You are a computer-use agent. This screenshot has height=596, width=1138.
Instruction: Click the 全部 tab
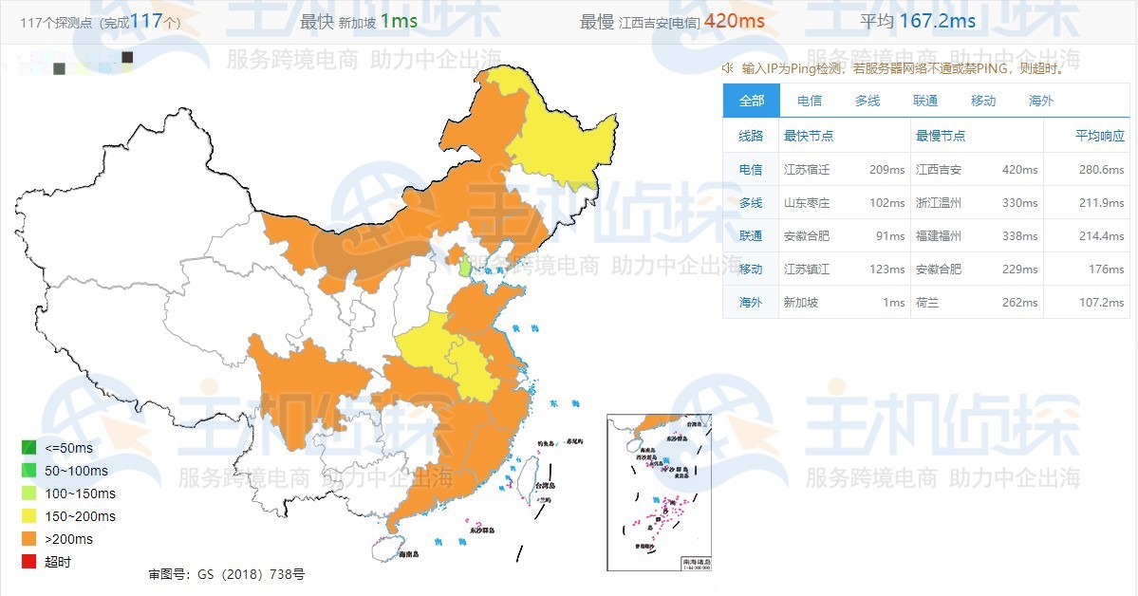pyautogui.click(x=751, y=101)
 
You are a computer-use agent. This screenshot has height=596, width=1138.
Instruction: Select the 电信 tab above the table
pyautogui.click(x=810, y=101)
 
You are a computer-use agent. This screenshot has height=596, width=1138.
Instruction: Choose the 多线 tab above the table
pyautogui.click(x=867, y=101)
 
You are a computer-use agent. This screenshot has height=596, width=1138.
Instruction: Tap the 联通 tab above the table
pyautogui.click(x=925, y=101)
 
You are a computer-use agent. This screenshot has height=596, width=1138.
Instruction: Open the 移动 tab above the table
pyautogui.click(x=983, y=101)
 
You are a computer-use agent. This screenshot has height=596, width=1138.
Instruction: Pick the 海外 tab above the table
pyautogui.click(x=1041, y=101)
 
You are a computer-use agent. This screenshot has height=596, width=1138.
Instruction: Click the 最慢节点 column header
pyautogui.click(x=941, y=136)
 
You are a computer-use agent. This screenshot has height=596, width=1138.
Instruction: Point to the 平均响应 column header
pyautogui.click(x=1099, y=136)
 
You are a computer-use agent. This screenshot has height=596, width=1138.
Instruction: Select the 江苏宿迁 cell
pyautogui.click(x=806, y=170)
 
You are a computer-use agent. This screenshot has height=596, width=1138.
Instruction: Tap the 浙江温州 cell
pyautogui.click(x=939, y=203)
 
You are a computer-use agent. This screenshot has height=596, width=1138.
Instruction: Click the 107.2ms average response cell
pyautogui.click(x=1103, y=303)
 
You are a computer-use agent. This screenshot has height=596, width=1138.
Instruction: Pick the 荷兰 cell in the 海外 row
pyautogui.click(x=927, y=303)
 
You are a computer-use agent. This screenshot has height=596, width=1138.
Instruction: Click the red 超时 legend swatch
pyautogui.click(x=29, y=562)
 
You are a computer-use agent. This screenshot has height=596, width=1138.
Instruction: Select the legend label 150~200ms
pyautogui.click(x=80, y=516)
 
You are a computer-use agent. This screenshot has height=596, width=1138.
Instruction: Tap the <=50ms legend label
pyautogui.click(x=69, y=448)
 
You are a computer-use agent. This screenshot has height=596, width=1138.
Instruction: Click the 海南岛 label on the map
pyautogui.click(x=408, y=554)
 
